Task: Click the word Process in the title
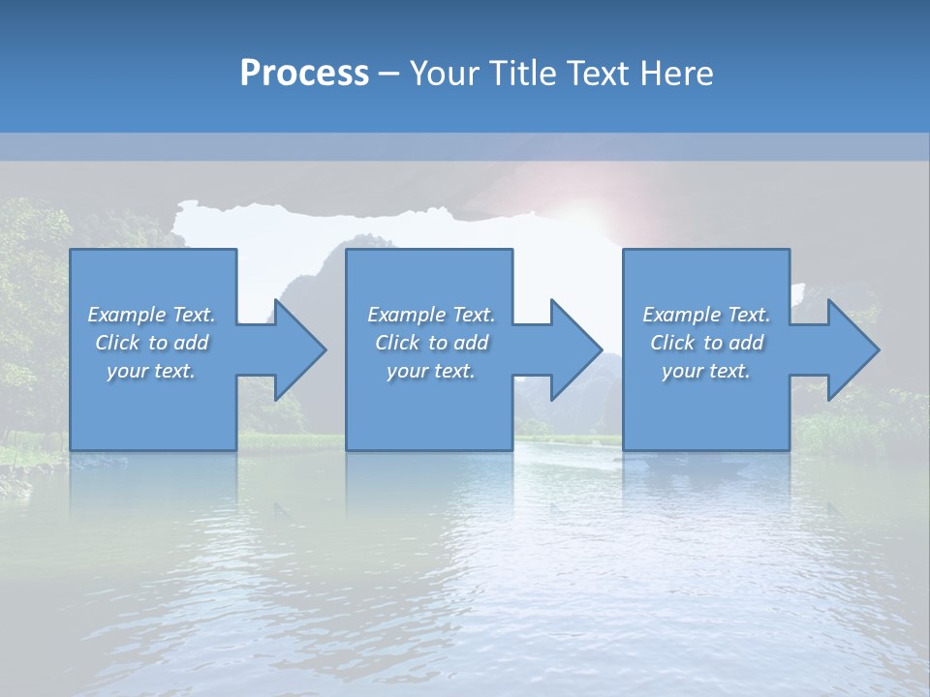[x=304, y=74]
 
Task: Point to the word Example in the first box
[x=127, y=315]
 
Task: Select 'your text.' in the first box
[x=151, y=371]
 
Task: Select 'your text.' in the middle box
[x=431, y=371]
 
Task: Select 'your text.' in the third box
[x=706, y=371]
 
